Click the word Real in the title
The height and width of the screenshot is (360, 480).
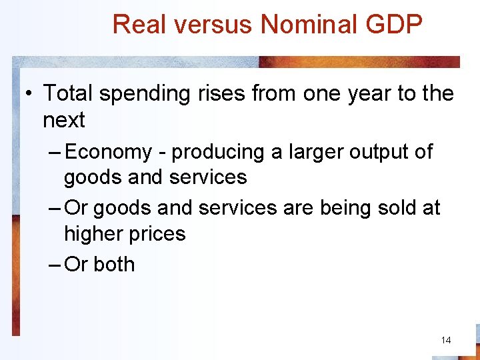136,25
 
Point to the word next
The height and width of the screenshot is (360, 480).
64,121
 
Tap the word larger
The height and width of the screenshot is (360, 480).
313,152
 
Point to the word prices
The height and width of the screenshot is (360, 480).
158,234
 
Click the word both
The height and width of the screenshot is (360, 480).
114,265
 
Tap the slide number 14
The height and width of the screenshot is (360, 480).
446,340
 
